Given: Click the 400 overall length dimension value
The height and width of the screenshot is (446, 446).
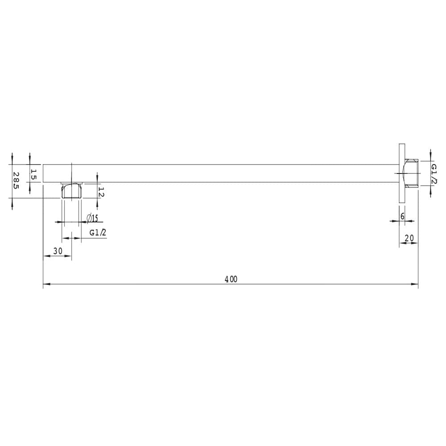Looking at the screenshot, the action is (x=231, y=279).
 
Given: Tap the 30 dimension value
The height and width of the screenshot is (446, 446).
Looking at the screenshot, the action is (x=58, y=251).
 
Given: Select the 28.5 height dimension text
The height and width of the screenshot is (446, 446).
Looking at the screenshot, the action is (x=16, y=181).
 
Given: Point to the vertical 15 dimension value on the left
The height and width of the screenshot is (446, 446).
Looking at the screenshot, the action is (x=33, y=174).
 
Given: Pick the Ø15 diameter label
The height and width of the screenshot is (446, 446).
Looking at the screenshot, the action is (x=92, y=218).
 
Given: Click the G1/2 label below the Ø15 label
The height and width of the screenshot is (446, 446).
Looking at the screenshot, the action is (x=98, y=233).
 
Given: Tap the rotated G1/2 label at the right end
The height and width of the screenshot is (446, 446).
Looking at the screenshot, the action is (x=434, y=174).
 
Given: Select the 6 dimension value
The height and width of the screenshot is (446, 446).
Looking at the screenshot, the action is (x=402, y=216).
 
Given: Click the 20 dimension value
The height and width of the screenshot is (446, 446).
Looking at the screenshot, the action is (x=409, y=238).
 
